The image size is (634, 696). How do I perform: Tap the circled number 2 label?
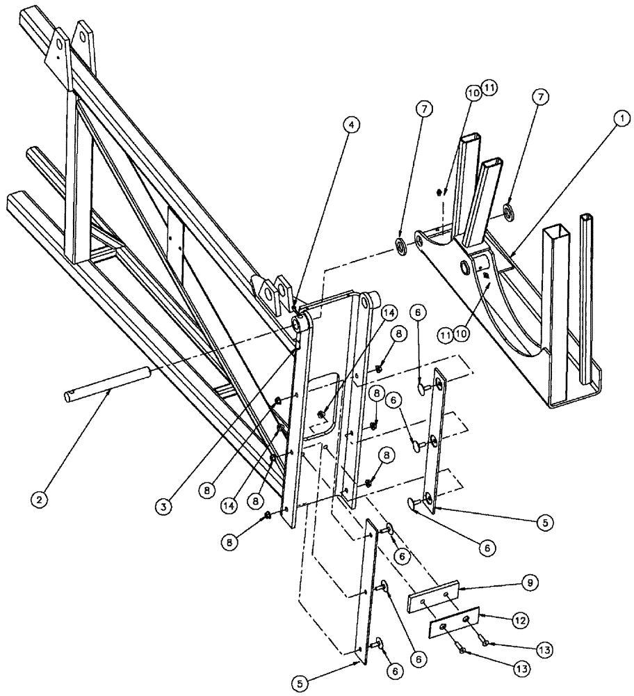click(40, 500)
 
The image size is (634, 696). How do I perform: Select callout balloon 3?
click(163, 507)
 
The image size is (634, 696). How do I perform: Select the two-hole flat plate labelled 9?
click(434, 595)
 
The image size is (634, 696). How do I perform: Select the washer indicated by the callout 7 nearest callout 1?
click(510, 212)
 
